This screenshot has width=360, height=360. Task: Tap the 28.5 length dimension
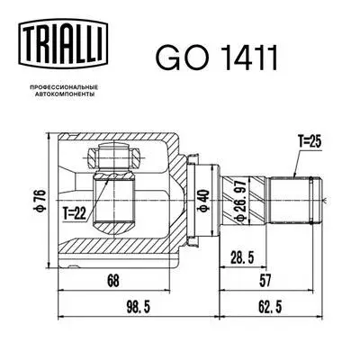(x=242, y=258)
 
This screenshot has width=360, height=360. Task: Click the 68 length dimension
(x=112, y=282)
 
